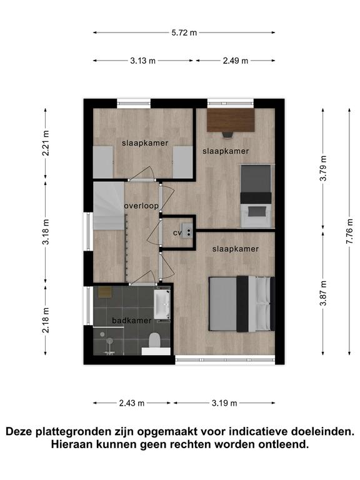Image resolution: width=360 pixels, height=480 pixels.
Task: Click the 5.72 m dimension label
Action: tap(184, 32)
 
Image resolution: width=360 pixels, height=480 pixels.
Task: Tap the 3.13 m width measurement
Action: tap(143, 61)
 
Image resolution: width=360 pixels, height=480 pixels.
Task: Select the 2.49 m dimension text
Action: tap(236, 61)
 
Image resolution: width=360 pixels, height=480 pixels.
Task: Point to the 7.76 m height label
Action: tap(349, 232)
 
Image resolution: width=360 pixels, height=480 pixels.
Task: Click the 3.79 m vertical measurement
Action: tap(323, 168)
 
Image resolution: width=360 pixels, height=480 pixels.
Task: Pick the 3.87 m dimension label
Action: tap(323, 293)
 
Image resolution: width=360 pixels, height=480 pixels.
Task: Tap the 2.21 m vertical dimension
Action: tap(46, 143)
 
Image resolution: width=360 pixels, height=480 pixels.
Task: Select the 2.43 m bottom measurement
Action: tap(132, 403)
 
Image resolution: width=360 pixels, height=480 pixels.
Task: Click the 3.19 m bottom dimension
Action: tap(224, 403)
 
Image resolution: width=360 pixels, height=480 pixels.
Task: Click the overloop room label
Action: tap(141, 206)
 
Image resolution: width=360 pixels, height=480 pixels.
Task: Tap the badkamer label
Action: tap(132, 321)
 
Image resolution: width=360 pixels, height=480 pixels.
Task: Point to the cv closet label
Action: tap(177, 233)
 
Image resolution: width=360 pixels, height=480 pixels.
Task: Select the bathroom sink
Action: tap(162, 304)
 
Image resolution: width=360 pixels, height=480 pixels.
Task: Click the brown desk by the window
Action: tap(231, 120)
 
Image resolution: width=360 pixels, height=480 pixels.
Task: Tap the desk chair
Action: tap(227, 135)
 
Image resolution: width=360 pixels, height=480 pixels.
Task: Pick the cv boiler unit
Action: tap(187, 230)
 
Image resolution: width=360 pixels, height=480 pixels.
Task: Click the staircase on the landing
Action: tap(109, 206)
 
